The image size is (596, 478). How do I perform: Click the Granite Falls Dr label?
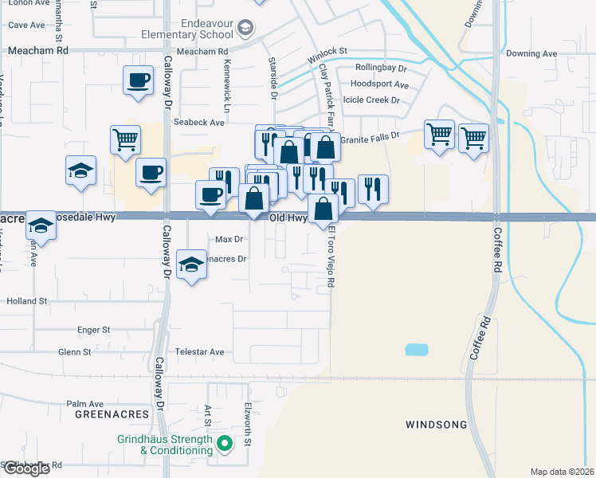click(x=368, y=139)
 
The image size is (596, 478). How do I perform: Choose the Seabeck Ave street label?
click(x=199, y=123)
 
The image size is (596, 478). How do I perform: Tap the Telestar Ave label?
click(x=196, y=351)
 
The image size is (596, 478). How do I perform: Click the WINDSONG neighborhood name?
click(x=436, y=425)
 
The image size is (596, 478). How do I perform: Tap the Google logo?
click(x=25, y=468)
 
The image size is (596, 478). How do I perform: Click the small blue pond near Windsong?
click(x=415, y=350)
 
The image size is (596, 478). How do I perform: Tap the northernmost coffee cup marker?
click(x=138, y=80)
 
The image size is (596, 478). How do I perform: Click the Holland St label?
click(x=28, y=302)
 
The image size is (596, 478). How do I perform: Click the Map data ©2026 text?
click(x=562, y=472)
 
